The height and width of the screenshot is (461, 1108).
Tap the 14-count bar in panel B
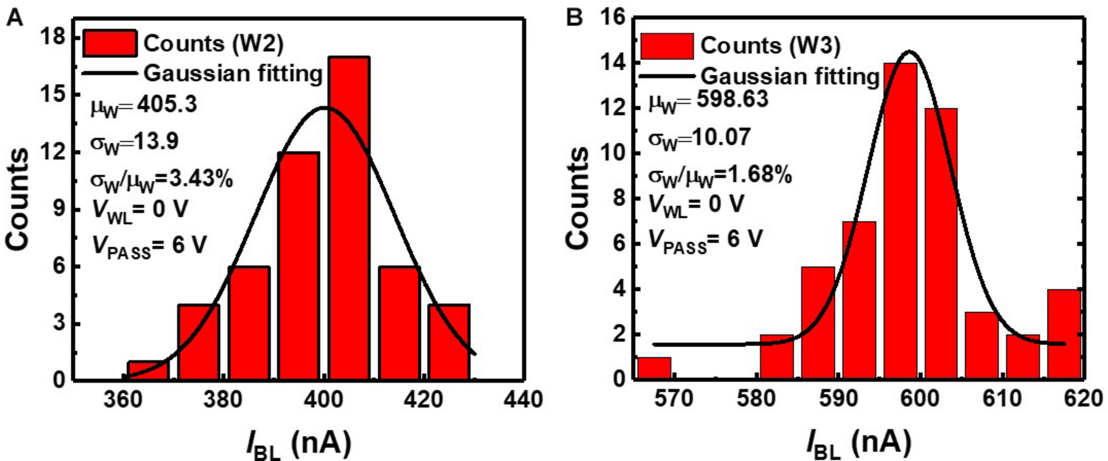pyautogui.click(x=900, y=221)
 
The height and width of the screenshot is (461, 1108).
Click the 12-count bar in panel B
pyautogui.click(x=941, y=244)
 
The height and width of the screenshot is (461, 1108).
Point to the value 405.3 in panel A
pyautogui.click(x=167, y=105)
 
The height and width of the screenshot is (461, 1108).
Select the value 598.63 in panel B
pyautogui.click(x=732, y=98)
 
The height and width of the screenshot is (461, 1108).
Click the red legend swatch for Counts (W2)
pyautogui.click(x=109, y=43)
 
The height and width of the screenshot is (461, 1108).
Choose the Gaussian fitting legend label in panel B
pyautogui.click(x=790, y=77)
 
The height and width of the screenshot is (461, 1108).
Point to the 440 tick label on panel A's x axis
pyautogui.click(x=523, y=399)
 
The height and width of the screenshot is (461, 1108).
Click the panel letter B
pyautogui.click(x=575, y=18)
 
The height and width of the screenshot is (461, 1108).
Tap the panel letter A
pyautogui.click(x=14, y=18)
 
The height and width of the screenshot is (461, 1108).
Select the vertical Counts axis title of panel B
pyautogui.click(x=577, y=198)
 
